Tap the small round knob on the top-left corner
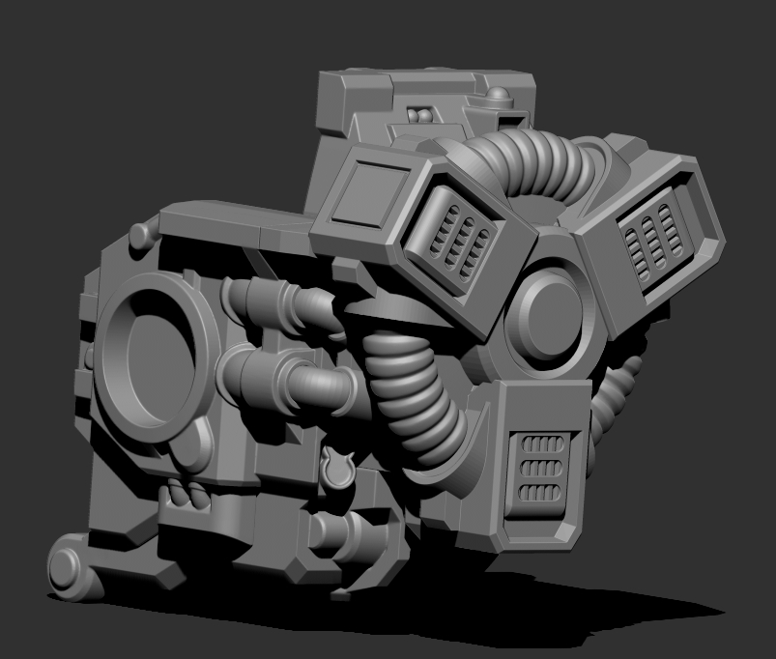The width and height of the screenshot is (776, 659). pyautogui.click(x=141, y=234)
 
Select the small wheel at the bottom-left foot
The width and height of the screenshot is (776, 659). pyautogui.click(x=67, y=568)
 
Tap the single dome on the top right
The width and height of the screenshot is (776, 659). pyautogui.click(x=498, y=97)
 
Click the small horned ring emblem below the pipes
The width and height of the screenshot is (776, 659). pyautogui.click(x=336, y=467)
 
